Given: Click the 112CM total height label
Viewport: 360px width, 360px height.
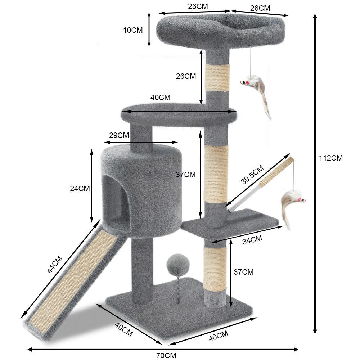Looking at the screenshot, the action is (x=330, y=158).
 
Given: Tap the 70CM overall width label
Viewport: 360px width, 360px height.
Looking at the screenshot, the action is (x=166, y=355).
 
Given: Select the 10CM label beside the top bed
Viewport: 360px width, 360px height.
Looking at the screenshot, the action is (x=133, y=30).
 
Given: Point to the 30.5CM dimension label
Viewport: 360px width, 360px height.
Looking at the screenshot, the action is (x=252, y=175).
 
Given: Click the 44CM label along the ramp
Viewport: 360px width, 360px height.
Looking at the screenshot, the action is (x=55, y=264).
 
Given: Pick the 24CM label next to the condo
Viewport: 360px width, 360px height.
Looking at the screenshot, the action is (x=80, y=189).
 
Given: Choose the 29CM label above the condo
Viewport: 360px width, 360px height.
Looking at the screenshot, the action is (x=119, y=135).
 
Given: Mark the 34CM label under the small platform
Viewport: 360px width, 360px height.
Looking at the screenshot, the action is (x=252, y=240).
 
